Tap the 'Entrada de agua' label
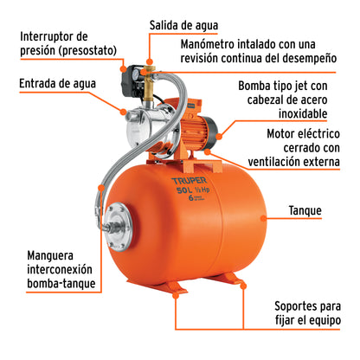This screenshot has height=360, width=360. point(53,84)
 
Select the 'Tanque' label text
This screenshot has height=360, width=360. point(307,209)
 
